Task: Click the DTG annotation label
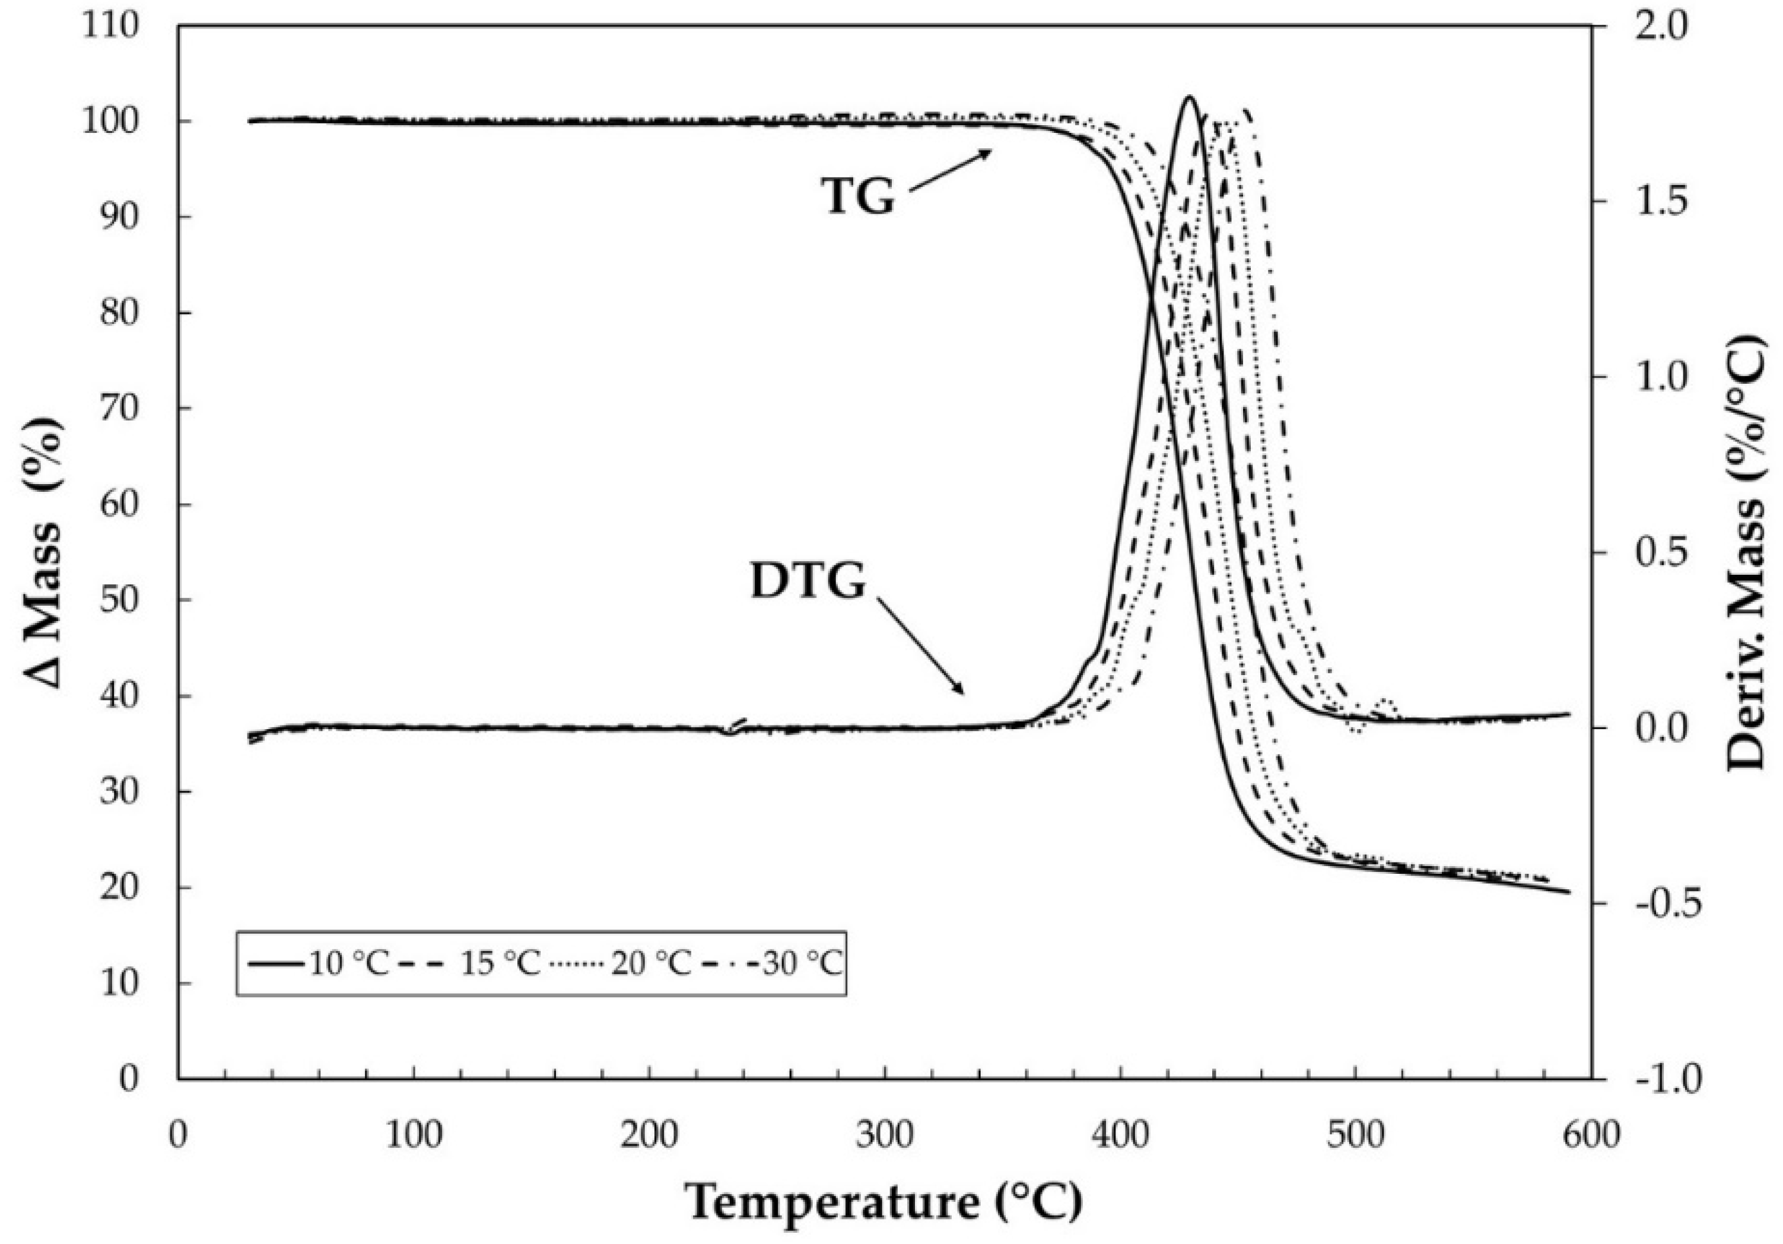808,581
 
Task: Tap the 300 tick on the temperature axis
885,1135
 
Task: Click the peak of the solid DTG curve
1188,97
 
